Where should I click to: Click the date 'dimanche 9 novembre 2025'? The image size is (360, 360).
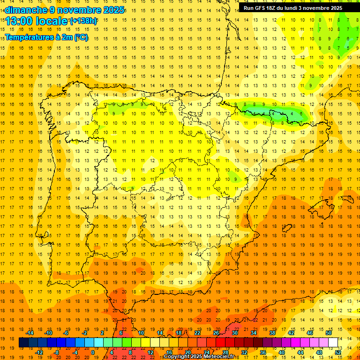[65, 10]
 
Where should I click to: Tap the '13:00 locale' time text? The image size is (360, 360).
[37, 21]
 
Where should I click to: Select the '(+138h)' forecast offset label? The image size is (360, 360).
[83, 21]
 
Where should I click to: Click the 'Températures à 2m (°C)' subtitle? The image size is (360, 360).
[46, 37]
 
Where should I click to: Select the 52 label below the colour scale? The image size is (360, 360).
[337, 352]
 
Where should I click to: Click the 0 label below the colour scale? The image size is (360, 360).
[93, 352]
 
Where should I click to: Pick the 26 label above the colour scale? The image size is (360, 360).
[216, 333]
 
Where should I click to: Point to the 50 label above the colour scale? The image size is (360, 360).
[329, 333]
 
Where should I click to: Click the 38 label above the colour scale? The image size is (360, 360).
[272, 333]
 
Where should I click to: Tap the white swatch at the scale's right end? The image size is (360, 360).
[333, 343]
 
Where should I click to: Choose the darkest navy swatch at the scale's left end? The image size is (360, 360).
[23, 343]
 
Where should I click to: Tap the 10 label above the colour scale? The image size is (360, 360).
[141, 333]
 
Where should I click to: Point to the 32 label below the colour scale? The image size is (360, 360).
[244, 352]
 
